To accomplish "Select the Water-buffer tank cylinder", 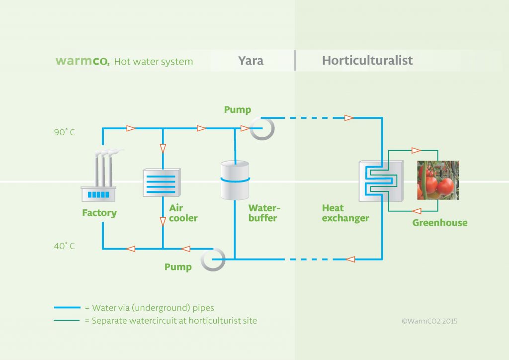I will click(x=235, y=179).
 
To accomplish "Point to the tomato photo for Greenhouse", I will click(x=437, y=180).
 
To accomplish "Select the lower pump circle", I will click(x=213, y=259).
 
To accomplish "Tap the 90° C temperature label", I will click(x=65, y=133).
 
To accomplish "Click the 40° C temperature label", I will click(x=65, y=246).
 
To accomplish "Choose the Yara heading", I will click(x=251, y=61).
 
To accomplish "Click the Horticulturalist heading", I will click(x=367, y=61).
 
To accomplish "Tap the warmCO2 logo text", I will click(x=83, y=61).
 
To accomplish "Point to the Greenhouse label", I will click(x=440, y=223).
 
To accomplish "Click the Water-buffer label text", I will click(x=262, y=213).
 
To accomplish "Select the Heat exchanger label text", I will click(x=345, y=213).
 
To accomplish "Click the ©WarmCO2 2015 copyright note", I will click(x=429, y=321).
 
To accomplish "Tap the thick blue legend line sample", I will click(x=66, y=308).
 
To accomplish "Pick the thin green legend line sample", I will click(x=66, y=321).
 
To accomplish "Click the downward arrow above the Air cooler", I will click(x=163, y=148).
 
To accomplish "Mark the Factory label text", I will click(x=99, y=213).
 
